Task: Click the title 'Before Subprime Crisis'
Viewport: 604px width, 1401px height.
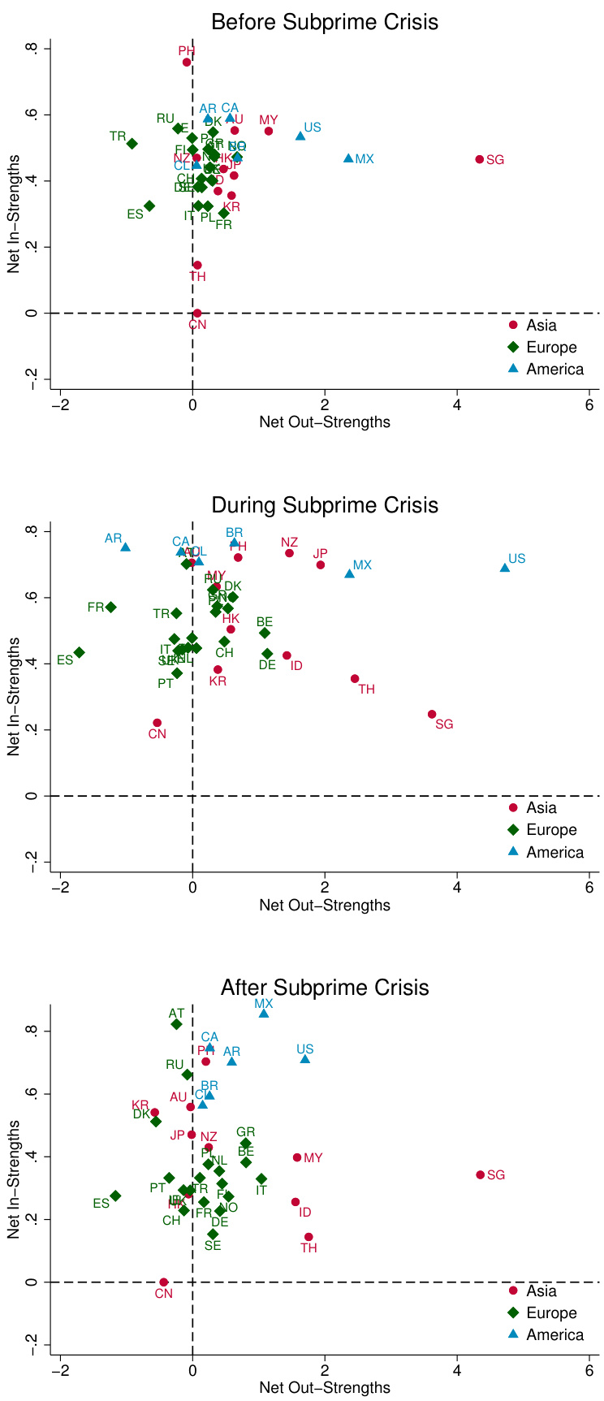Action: tap(325, 22)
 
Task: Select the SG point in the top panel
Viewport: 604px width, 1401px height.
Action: tap(480, 159)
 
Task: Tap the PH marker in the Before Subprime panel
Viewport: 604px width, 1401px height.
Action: tap(187, 62)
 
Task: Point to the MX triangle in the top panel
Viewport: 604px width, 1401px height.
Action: tap(349, 158)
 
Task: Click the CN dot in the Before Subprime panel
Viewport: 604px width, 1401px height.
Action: tap(197, 313)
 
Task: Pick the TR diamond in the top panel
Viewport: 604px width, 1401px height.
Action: tap(132, 144)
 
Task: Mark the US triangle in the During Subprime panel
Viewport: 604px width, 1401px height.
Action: tap(505, 568)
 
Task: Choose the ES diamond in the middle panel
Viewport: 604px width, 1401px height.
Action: tap(79, 652)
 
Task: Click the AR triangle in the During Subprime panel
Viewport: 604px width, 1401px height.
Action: tap(126, 547)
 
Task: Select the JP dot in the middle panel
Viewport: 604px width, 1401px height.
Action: tap(321, 565)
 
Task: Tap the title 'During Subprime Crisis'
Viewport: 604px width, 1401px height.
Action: tap(325, 505)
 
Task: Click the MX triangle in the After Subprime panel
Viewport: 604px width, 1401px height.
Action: tap(264, 1014)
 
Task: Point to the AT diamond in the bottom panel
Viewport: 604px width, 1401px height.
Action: tap(177, 1024)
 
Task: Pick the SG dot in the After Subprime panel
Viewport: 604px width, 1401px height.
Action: tap(480, 1175)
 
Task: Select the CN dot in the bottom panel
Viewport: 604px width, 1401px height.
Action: tap(164, 1282)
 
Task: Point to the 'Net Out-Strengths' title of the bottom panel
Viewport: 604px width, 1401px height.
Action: tap(325, 1388)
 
